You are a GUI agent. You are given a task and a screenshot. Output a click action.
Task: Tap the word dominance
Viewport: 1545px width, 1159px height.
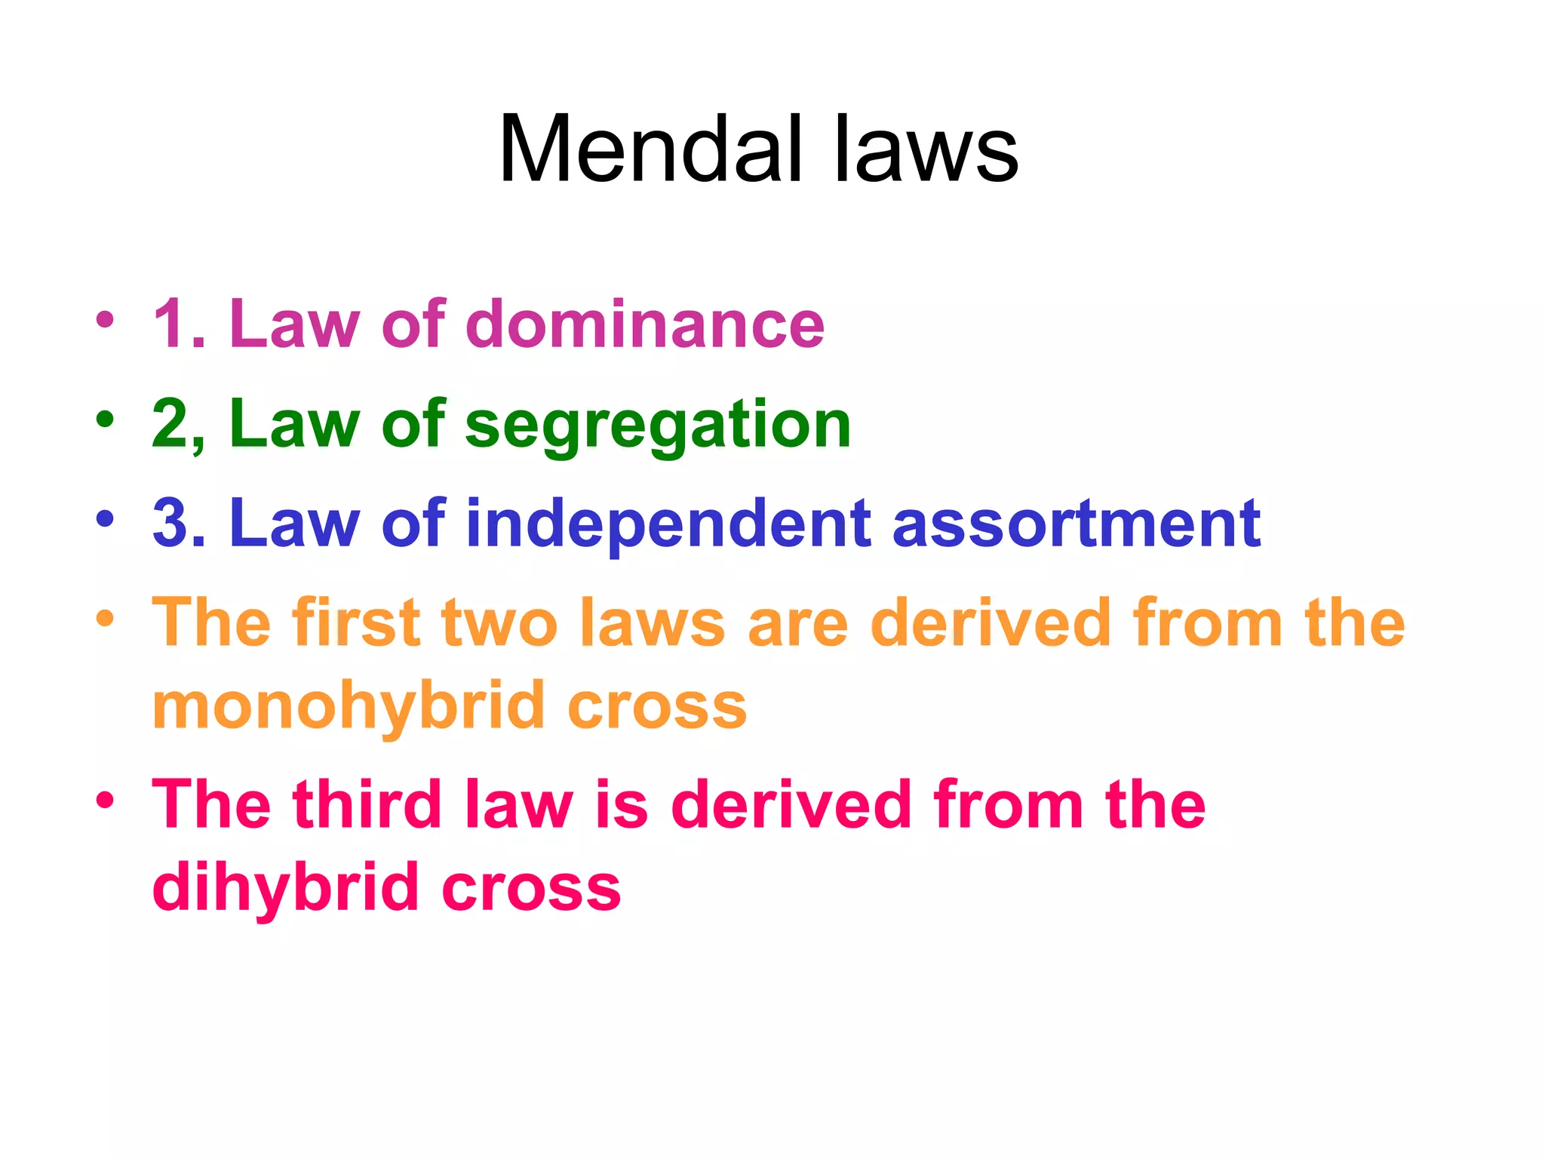tap(645, 324)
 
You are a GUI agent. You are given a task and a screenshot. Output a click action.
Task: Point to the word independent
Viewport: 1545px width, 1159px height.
tap(668, 525)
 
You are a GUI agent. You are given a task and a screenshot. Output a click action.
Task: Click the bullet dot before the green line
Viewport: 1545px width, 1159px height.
tap(105, 418)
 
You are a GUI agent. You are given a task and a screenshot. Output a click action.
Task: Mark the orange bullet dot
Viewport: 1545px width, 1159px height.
tap(105, 619)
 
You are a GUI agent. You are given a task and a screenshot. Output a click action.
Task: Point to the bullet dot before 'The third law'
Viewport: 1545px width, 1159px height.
tap(105, 800)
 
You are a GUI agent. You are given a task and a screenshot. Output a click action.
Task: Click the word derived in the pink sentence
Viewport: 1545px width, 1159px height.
tap(791, 804)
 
